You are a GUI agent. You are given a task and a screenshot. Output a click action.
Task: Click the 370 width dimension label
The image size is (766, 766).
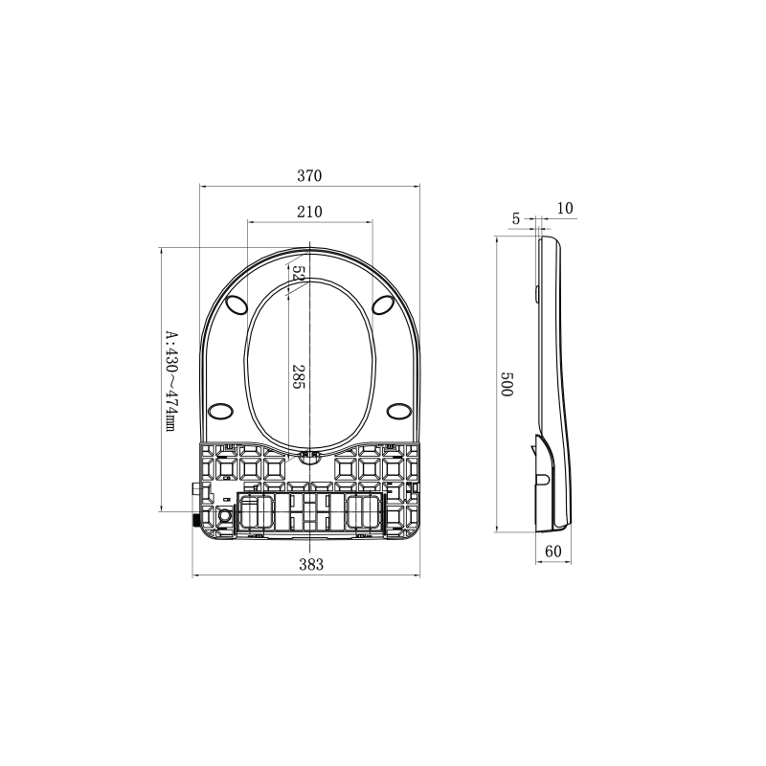pos(309,176)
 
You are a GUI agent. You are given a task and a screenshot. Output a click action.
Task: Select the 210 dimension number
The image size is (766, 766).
pos(309,212)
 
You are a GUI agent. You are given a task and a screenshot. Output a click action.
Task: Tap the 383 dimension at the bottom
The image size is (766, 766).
pos(311,565)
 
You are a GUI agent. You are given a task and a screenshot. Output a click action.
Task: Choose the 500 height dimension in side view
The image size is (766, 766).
pos(507,384)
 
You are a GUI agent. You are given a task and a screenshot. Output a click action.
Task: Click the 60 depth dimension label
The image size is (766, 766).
pos(553,552)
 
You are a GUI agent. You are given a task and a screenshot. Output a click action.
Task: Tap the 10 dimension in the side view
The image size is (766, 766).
pos(565,208)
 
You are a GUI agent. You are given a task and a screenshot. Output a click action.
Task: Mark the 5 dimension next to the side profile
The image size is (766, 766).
pos(516,219)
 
